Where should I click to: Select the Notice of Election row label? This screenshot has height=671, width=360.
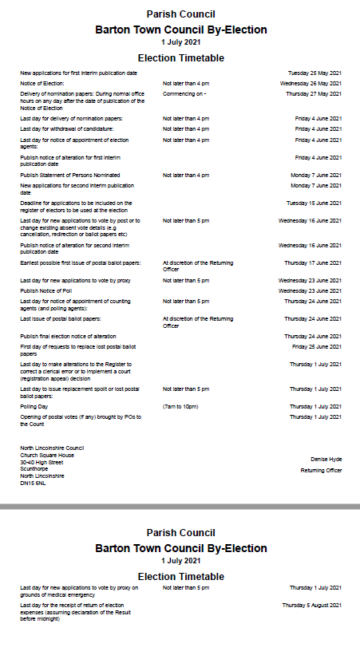(42, 83)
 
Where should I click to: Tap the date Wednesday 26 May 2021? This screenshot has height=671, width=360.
(311, 83)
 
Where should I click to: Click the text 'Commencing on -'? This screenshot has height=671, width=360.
(184, 93)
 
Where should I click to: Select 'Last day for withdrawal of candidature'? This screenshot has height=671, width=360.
(66, 128)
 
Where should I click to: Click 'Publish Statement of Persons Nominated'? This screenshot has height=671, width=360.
(70, 175)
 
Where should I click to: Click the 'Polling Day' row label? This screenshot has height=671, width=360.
(34, 406)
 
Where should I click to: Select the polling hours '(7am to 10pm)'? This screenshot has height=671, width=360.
(180, 406)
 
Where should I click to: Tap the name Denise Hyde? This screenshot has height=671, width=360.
(326, 459)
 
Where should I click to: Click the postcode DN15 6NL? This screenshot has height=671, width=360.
(34, 483)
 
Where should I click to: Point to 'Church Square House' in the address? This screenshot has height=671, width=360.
(47, 455)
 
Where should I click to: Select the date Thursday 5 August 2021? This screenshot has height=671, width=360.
(311, 606)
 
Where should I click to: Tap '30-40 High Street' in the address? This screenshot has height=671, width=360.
(42, 462)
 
